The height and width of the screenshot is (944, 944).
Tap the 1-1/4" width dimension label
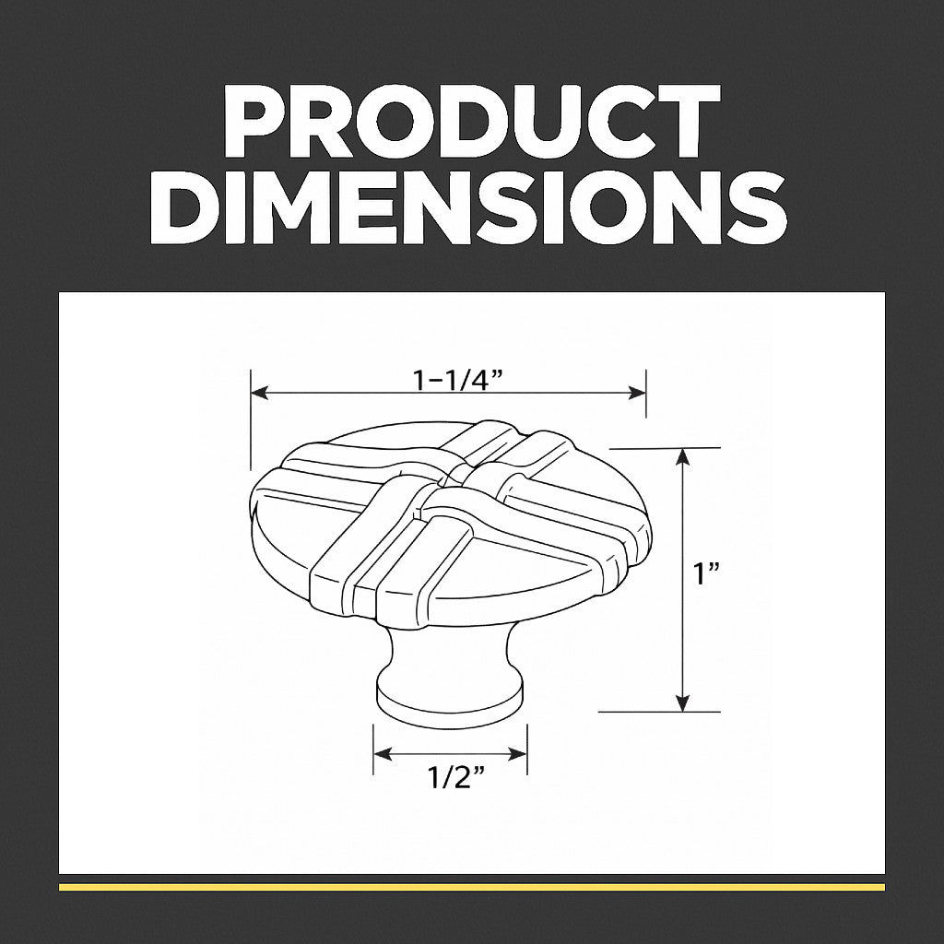click(x=457, y=380)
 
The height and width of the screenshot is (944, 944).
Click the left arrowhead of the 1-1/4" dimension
click(x=259, y=394)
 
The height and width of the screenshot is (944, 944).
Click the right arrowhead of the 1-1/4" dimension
click(x=637, y=394)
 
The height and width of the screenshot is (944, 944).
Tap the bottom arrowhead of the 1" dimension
click(x=682, y=702)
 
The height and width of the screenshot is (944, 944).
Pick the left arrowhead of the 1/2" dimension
click(x=383, y=753)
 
